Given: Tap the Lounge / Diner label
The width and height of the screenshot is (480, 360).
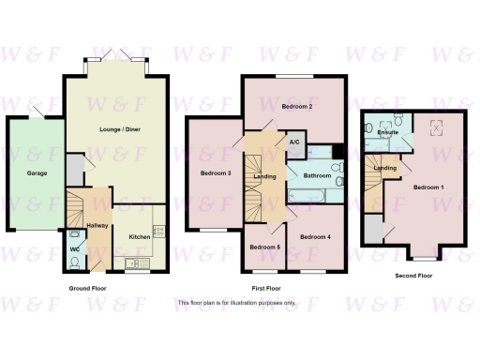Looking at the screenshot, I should coord(116,135).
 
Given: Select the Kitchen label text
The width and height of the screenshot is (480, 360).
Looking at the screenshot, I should coord(139,237).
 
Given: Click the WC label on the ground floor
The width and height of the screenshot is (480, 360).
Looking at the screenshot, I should coord(74,249).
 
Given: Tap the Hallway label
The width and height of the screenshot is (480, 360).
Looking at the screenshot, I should coord(97,227).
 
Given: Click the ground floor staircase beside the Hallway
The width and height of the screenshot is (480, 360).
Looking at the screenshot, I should coord(77,204).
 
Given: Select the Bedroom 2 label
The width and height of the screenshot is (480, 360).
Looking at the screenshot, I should coord(297,107).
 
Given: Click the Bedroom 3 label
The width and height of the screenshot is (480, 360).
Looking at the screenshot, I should coord(216,172).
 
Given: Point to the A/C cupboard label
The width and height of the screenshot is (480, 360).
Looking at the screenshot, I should coord(294,143).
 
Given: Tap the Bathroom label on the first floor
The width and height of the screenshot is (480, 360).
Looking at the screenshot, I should coord(317,175).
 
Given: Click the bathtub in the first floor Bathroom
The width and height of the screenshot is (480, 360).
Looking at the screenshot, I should coord(308,196).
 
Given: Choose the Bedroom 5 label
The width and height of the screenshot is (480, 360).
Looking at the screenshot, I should coord(264,247).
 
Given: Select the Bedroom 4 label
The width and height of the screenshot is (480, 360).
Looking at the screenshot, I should coord(315,237).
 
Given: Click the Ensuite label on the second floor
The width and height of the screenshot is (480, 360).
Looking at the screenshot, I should coord(387,133).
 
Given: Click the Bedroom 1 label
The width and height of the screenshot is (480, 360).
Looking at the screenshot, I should coord(428,187).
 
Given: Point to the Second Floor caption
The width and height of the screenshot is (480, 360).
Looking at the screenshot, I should coord(412,276).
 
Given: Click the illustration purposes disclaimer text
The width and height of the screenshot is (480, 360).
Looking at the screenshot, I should coord(236,303).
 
